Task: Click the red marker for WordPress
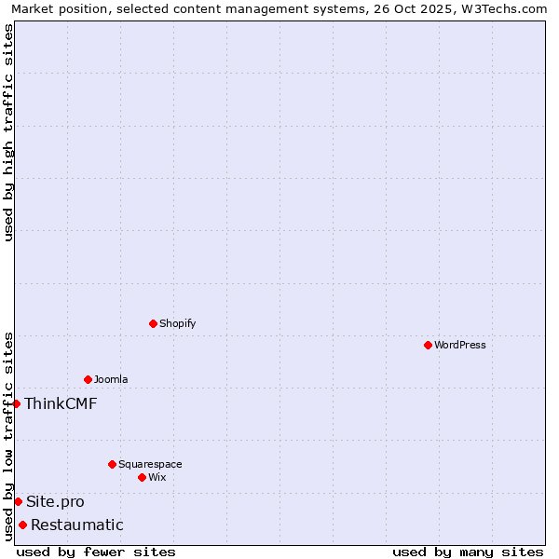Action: (x=428, y=345)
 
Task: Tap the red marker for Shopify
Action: (x=153, y=323)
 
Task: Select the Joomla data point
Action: (x=88, y=379)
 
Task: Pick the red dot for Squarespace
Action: (x=112, y=464)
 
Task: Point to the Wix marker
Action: (x=142, y=477)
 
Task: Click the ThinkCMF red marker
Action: (x=16, y=403)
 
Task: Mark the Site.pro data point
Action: (x=18, y=501)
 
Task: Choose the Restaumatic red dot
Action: (x=22, y=525)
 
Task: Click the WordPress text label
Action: (x=460, y=345)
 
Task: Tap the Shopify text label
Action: (x=177, y=323)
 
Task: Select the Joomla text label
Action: (x=111, y=379)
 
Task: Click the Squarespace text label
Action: (x=150, y=464)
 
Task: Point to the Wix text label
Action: (x=157, y=477)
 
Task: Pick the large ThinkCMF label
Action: (x=61, y=403)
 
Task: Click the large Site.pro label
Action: (x=55, y=501)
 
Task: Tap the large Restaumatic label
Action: (x=77, y=525)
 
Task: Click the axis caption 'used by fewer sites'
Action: (x=96, y=552)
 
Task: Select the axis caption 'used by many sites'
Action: (x=468, y=552)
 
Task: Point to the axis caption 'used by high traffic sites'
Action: (x=8, y=132)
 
